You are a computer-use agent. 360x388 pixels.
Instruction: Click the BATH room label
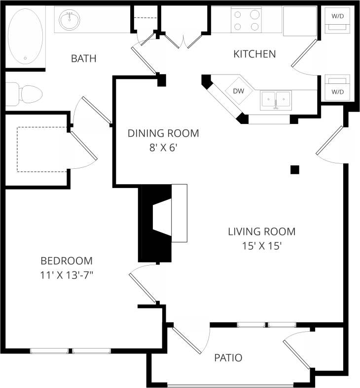click(83, 59)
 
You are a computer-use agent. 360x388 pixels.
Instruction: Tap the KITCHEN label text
click(254, 54)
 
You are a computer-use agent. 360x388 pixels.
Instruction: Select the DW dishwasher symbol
click(238, 91)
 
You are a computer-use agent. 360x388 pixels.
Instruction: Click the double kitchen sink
click(276, 100)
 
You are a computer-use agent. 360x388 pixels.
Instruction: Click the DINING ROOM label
click(163, 133)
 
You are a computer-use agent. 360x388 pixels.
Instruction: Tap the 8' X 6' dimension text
click(163, 148)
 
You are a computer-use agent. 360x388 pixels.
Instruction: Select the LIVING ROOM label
click(261, 231)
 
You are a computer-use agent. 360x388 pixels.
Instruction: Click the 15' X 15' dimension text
click(261, 246)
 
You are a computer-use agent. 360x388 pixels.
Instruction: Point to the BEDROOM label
click(67, 261)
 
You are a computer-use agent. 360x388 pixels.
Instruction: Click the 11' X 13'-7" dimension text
click(67, 275)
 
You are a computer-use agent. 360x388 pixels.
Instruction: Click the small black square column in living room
click(295, 169)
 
